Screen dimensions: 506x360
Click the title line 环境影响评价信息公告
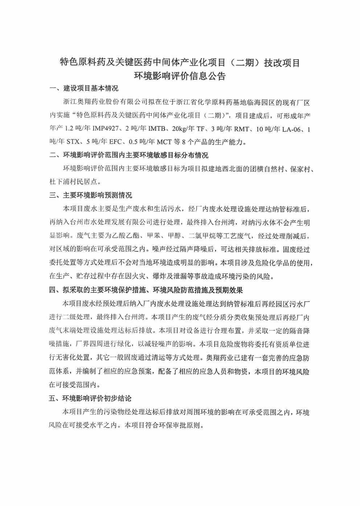pos(180,76)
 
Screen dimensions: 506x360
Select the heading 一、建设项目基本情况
pos(84,88)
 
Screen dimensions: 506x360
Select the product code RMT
pos(243,129)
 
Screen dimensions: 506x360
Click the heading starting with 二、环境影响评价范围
pos(129,155)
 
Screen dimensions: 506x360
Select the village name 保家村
pos(301,169)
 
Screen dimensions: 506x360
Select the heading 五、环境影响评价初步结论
pos(91,398)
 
